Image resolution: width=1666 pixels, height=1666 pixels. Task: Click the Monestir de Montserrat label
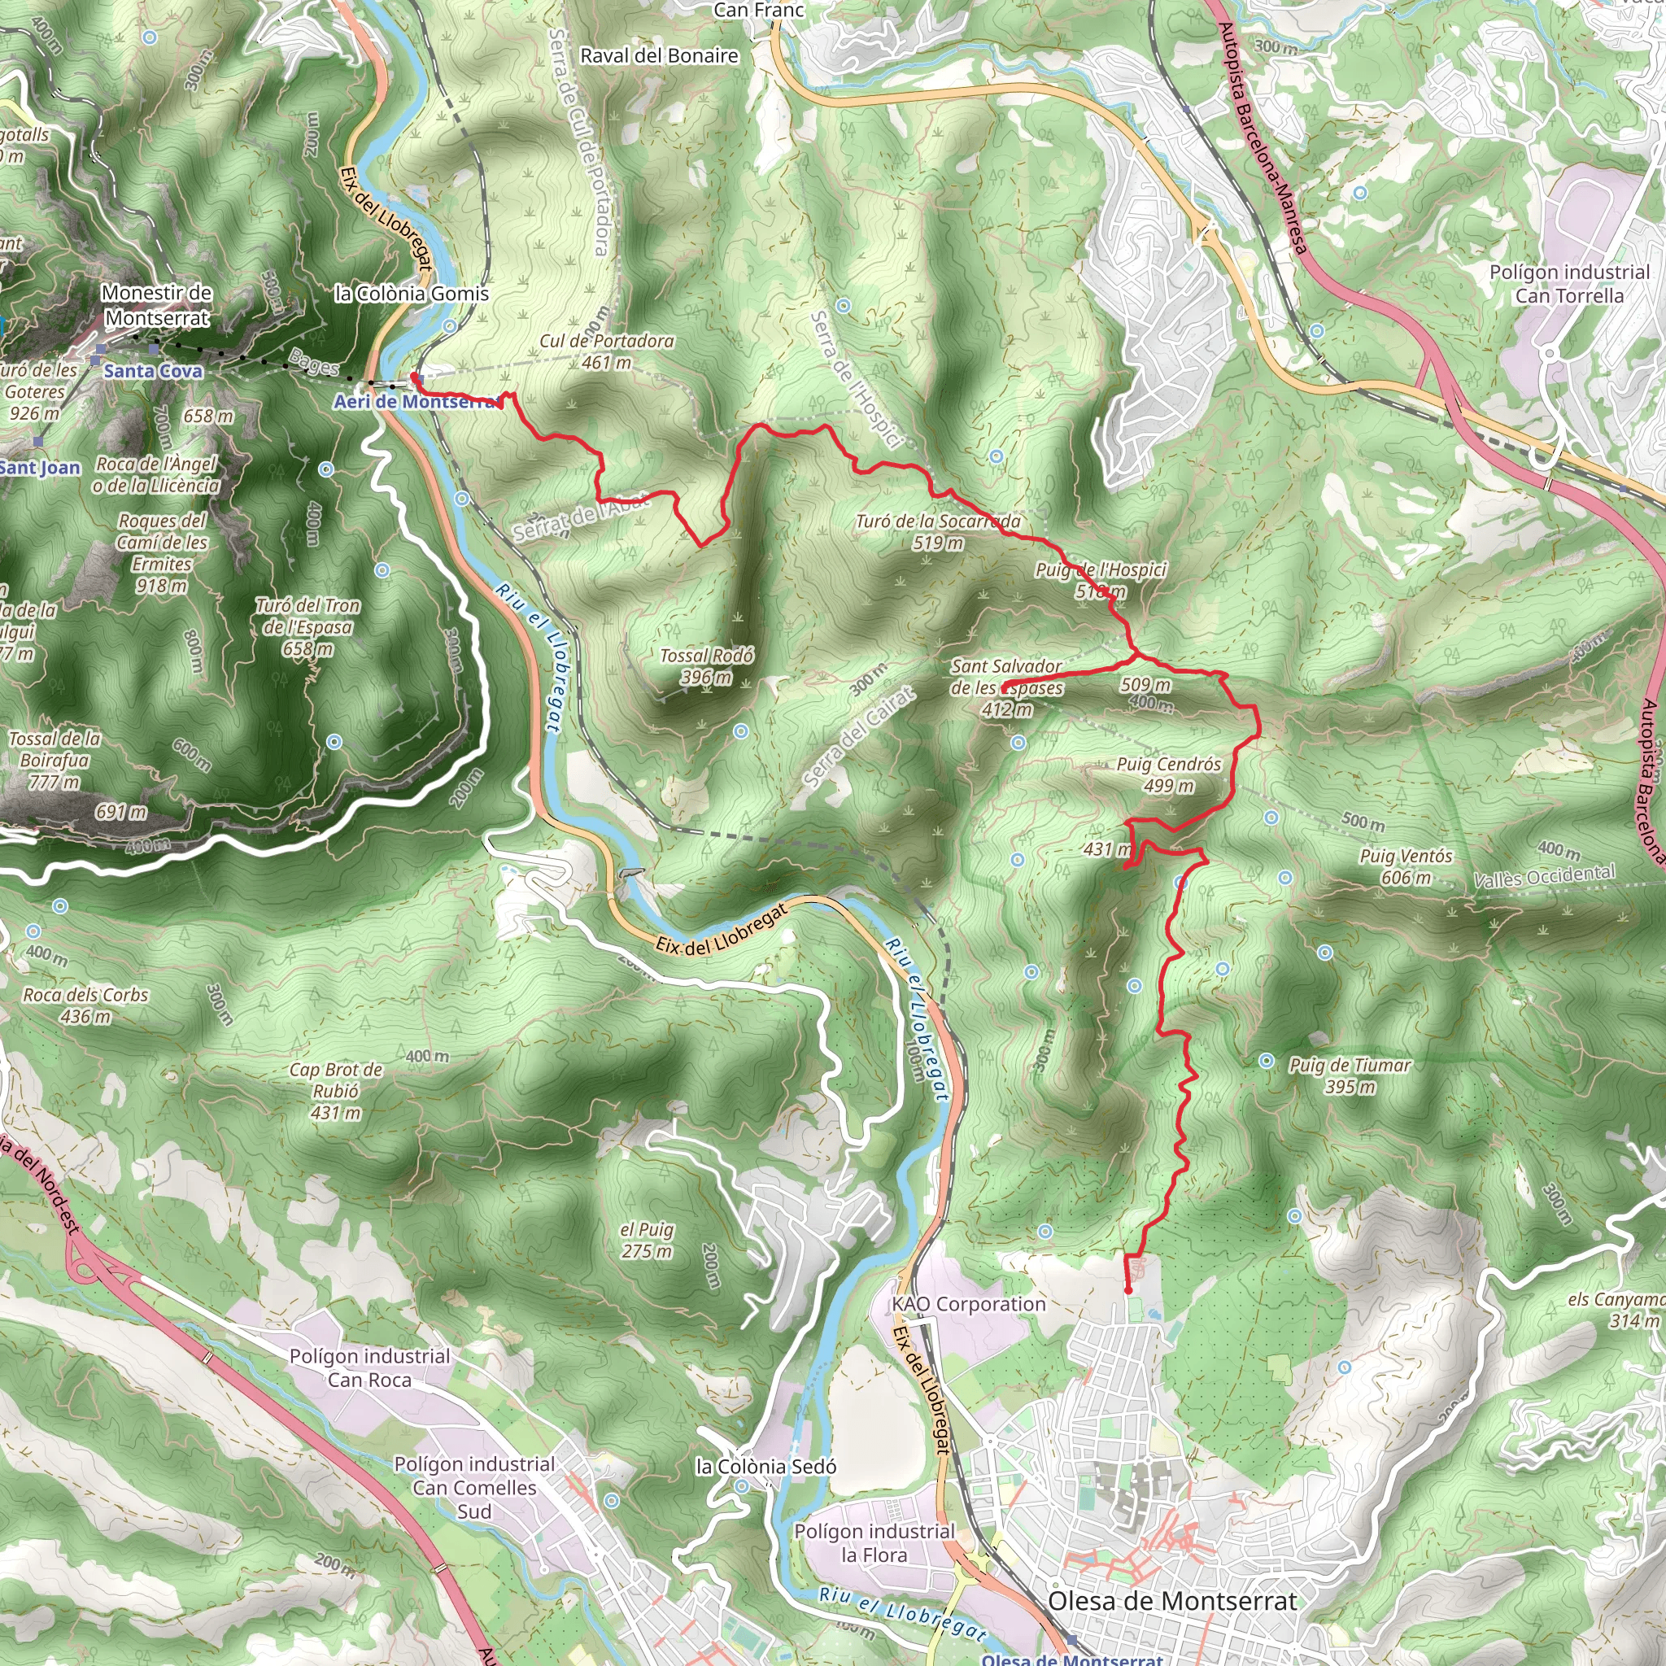click(156, 305)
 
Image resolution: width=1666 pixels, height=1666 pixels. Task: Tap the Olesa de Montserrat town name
click(1172, 1601)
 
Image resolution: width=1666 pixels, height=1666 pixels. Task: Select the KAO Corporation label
click(968, 1304)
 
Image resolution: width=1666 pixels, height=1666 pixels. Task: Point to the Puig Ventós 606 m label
click(1406, 866)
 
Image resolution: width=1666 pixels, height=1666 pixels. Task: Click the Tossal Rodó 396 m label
click(706, 666)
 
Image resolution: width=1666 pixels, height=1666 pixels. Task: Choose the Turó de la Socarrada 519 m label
click(938, 532)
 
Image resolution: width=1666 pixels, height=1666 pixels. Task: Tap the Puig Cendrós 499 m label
click(1168, 774)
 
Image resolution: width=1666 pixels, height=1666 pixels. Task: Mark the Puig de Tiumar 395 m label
click(1350, 1075)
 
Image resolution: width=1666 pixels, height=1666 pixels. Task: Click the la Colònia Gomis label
click(412, 294)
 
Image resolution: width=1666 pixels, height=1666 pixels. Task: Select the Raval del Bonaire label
click(659, 56)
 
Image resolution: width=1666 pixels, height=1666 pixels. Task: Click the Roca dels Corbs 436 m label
click(85, 1005)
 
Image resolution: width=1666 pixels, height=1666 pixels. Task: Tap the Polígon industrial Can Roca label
click(369, 1367)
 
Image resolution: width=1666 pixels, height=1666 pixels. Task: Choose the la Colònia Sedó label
click(765, 1467)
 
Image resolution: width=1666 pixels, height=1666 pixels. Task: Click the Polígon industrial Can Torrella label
click(1569, 284)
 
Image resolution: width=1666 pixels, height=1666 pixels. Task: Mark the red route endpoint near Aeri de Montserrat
click(415, 377)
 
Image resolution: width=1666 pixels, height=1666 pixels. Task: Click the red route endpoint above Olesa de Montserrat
click(1128, 1290)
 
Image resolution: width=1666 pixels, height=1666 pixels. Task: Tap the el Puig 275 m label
click(647, 1240)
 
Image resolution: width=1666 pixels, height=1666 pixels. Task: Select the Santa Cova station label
click(153, 371)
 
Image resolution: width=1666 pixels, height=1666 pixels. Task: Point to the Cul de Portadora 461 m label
click(606, 351)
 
